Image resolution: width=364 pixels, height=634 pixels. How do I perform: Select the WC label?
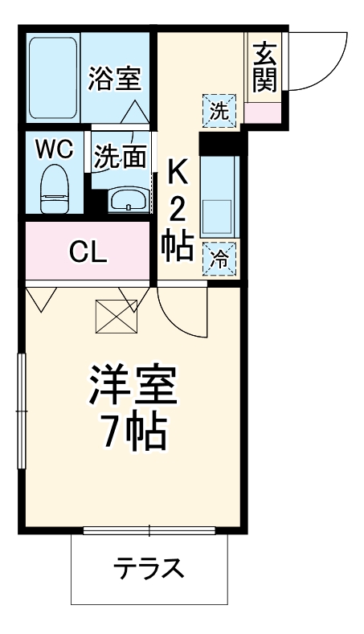55,149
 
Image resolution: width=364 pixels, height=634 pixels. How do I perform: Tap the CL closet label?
88,252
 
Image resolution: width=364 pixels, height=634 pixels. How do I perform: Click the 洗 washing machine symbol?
219,112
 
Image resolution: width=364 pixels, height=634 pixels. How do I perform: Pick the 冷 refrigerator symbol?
219,258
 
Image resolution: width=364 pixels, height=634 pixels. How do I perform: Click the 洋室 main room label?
133,387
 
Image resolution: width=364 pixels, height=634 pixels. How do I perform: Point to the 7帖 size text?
133,435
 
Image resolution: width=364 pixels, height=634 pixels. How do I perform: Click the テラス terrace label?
149,569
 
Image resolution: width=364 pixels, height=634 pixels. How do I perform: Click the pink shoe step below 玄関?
264,112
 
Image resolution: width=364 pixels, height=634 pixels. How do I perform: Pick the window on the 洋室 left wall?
21,410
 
